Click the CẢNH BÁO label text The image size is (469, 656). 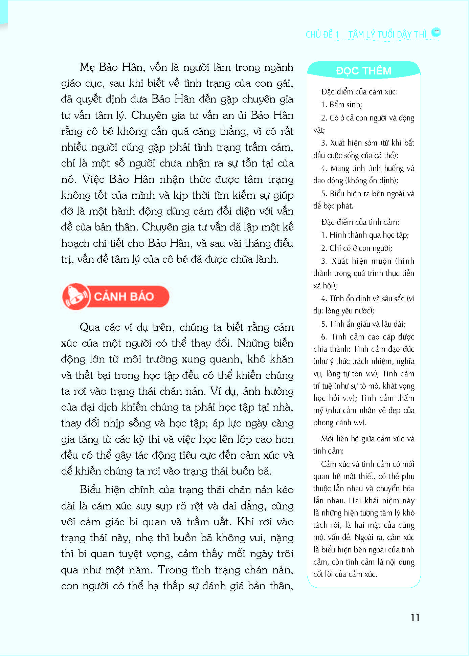pos(124,297)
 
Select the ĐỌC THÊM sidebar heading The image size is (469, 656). pos(363,71)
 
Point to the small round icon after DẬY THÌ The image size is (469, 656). pos(436,32)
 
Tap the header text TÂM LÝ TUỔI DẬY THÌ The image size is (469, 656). pos(387,35)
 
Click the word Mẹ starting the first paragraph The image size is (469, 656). pos(87,67)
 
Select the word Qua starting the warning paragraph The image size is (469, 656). pos(89,327)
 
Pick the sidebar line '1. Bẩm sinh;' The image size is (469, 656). pos(341,105)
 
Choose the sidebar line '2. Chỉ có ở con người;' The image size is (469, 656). pos(356,248)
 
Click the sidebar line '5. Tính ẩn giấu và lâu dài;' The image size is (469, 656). pos(363,324)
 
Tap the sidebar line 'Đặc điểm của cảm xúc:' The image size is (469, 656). pos(359,92)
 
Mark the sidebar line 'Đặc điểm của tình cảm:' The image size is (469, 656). pos(360,222)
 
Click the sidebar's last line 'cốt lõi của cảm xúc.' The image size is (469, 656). pos(345,574)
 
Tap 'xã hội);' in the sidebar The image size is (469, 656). pos(325,286)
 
